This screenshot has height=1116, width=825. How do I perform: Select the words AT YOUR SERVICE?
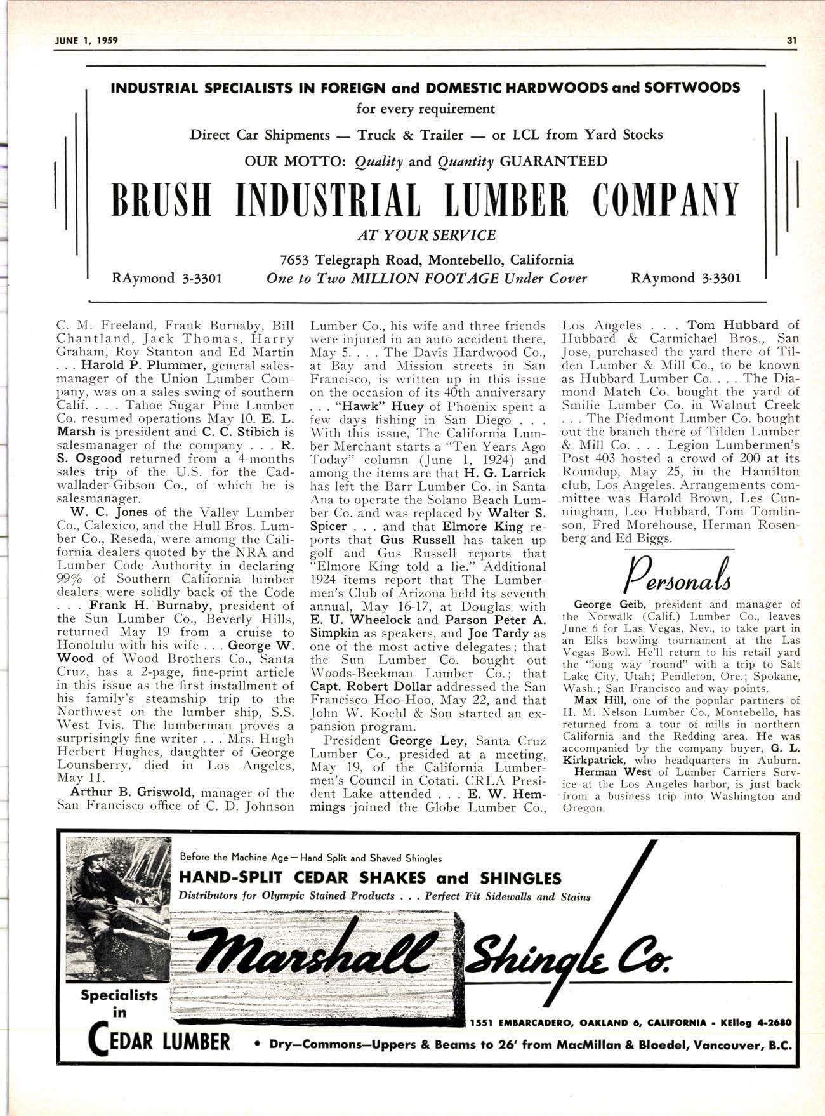pyautogui.click(x=426, y=236)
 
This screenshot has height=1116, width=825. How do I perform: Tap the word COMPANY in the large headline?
pyautogui.click(x=666, y=201)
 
